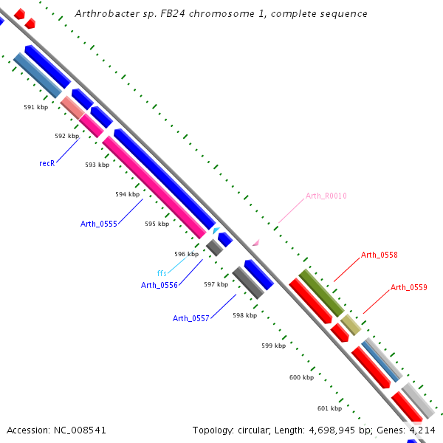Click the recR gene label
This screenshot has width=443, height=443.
47,163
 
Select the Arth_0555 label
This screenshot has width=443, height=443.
99,224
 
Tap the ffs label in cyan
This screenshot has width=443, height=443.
162,273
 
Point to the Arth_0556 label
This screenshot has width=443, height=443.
159,285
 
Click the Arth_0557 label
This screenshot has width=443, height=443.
191,318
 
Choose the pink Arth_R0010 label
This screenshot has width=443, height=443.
326,196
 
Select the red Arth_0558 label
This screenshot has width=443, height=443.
380,255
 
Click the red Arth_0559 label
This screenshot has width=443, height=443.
409,287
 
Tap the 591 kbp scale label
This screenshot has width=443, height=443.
35,107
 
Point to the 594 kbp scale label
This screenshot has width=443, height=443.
127,194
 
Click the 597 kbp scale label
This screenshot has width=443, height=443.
216,284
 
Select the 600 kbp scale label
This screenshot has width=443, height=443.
301,377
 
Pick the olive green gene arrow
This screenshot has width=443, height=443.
320,293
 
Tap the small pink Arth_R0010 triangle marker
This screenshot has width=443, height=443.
255,242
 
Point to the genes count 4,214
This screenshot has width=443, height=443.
421,430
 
